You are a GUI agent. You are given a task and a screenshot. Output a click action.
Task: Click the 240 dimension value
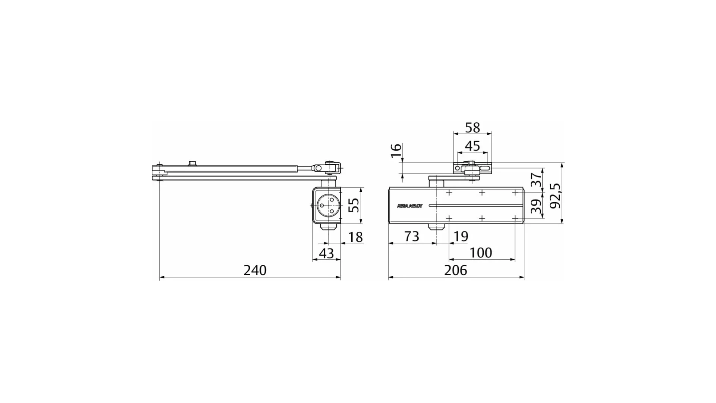click(255, 270)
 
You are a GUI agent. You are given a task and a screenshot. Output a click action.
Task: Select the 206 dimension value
click(455, 270)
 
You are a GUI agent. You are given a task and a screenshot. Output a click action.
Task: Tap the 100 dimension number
click(481, 253)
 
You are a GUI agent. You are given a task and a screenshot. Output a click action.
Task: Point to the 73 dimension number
click(412, 237)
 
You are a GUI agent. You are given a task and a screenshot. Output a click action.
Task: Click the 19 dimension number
click(461, 237)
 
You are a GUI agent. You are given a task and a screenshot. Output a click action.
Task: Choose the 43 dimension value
click(327, 254)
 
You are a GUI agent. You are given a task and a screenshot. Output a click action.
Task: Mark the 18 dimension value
click(355, 237)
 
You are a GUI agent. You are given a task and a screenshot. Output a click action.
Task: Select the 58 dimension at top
click(472, 128)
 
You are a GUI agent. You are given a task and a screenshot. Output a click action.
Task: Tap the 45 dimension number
click(472, 146)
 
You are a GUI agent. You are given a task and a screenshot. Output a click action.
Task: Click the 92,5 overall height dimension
click(555, 196)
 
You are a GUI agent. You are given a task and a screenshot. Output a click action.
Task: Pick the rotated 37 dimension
click(536, 179)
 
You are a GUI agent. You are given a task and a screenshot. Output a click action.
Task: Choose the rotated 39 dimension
click(536, 206)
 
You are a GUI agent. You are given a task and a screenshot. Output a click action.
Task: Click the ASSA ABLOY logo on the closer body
click(409, 206)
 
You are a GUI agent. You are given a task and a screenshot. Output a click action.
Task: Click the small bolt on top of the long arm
click(192, 163)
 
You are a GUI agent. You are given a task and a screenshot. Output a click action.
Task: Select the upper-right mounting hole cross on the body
click(515, 193)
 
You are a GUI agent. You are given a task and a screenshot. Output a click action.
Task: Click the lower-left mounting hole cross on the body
click(449, 218)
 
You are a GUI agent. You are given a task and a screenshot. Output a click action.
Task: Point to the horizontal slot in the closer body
click(474, 206)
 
